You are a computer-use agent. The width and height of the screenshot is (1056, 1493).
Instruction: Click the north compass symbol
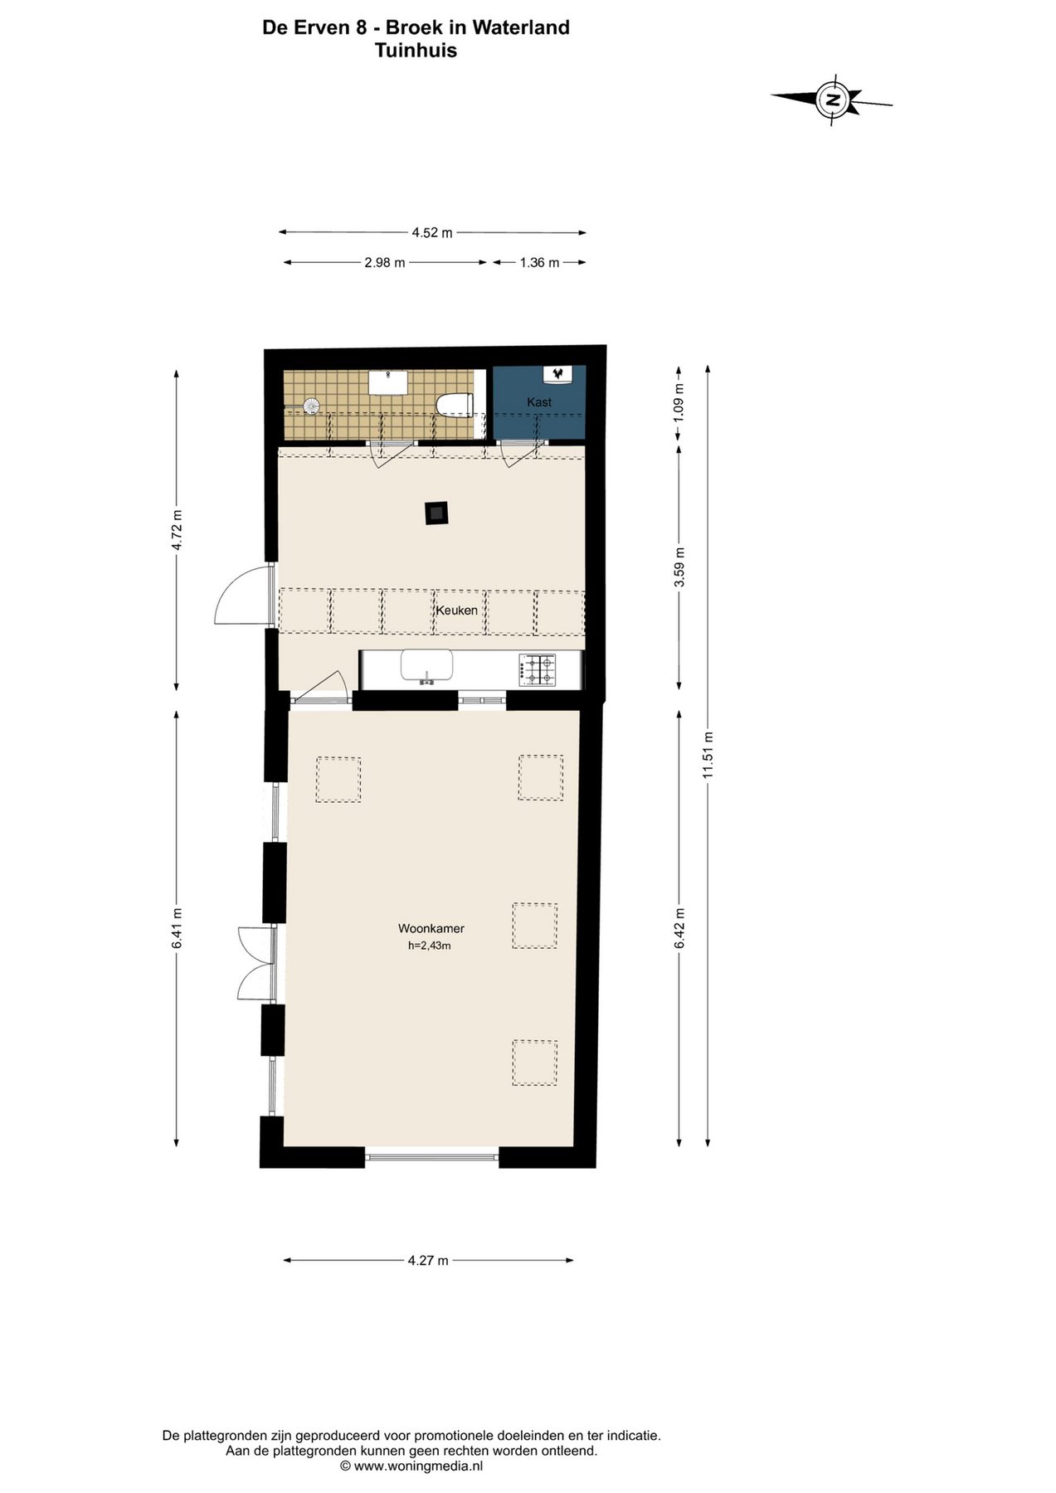(832, 100)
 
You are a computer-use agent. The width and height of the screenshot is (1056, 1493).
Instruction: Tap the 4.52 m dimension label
(432, 233)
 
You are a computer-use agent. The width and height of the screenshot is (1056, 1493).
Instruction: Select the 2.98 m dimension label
(385, 263)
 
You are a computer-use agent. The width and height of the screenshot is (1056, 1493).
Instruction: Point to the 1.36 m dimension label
(539, 263)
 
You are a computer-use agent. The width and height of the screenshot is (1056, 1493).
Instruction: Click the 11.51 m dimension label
(708, 754)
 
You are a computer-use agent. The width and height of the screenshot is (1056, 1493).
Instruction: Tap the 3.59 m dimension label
(679, 567)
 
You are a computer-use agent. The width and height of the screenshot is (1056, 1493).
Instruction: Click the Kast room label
(539, 402)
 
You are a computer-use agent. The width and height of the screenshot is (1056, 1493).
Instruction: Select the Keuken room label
(457, 610)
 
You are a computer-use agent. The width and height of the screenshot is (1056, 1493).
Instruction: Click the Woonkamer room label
(431, 929)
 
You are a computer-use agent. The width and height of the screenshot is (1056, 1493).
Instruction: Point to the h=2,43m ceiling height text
(430, 946)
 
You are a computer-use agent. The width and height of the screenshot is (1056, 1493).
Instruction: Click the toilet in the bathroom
(454, 405)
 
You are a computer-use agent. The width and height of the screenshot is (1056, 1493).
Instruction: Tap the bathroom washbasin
(388, 382)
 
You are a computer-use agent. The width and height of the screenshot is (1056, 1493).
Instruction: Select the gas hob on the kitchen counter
(537, 669)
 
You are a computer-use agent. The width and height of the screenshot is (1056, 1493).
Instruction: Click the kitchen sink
(426, 666)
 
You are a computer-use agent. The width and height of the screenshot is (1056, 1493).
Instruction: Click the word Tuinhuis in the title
(416, 50)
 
